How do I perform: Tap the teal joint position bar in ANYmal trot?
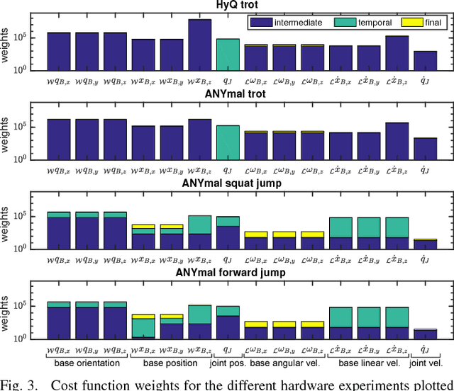(x=228, y=142)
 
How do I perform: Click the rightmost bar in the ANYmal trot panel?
(x=426, y=148)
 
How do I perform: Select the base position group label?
(x=172, y=363)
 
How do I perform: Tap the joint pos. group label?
(x=228, y=363)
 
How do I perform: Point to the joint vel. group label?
(x=427, y=363)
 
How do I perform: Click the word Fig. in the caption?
(x=13, y=385)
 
